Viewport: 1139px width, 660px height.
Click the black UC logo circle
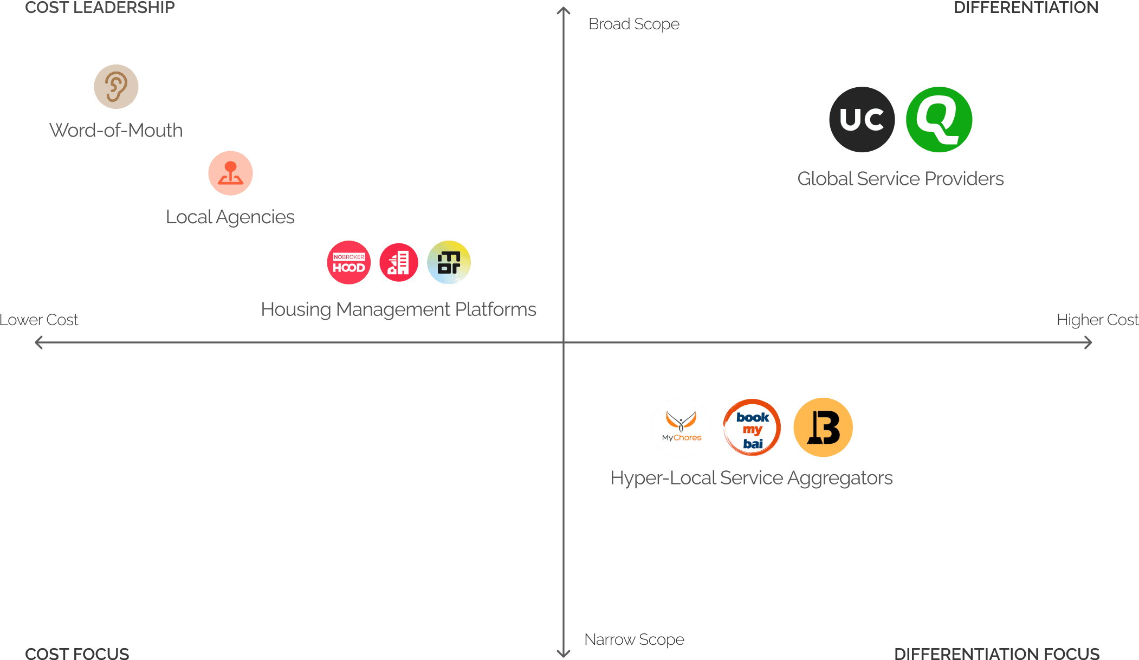pyautogui.click(x=862, y=120)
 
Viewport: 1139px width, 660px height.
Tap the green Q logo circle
pyautogui.click(x=939, y=120)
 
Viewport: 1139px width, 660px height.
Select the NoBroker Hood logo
pyautogui.click(x=349, y=263)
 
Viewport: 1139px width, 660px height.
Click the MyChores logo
pyautogui.click(x=681, y=428)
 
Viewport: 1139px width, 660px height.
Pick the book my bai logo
pyautogui.click(x=752, y=428)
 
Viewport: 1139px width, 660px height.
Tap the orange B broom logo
pyautogui.click(x=823, y=428)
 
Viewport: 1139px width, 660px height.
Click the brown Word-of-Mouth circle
pyautogui.click(x=116, y=87)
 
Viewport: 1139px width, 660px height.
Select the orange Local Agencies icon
pyautogui.click(x=230, y=173)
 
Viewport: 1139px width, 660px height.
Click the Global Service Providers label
pyautogui.click(x=901, y=179)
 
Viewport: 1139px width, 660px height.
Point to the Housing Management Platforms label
pyautogui.click(x=398, y=309)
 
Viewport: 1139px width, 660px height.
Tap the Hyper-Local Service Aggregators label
pyautogui.click(x=752, y=478)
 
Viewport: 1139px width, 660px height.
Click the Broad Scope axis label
pyautogui.click(x=633, y=24)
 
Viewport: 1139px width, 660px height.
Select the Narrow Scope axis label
pyautogui.click(x=634, y=640)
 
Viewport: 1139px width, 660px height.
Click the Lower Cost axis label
pyautogui.click(x=39, y=320)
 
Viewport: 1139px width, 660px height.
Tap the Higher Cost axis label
pyautogui.click(x=1097, y=320)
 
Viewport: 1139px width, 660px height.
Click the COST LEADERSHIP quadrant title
pyautogui.click(x=100, y=8)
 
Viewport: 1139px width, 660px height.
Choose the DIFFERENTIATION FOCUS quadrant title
pyautogui.click(x=996, y=653)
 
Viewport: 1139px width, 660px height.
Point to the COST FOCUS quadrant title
pyautogui.click(x=77, y=653)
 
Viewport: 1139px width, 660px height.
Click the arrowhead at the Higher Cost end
pyautogui.click(x=1088, y=342)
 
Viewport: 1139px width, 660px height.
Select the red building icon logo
pyautogui.click(x=399, y=263)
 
